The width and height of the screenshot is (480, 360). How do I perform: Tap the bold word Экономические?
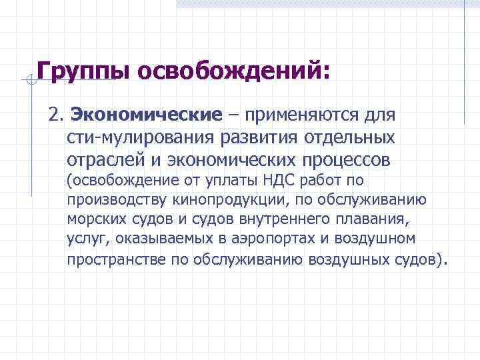pos(146,115)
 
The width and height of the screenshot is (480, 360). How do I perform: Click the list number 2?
pos(55,115)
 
